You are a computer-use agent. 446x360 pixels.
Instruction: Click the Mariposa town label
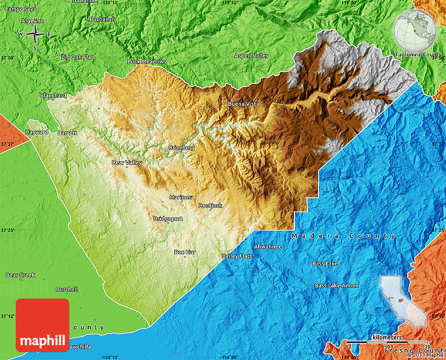(x=182, y=197)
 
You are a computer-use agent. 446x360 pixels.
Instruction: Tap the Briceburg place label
(x=181, y=148)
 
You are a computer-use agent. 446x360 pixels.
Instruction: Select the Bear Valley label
(x=127, y=163)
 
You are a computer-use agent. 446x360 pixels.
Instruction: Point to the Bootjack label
(x=210, y=206)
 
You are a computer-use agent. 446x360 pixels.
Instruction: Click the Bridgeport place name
(x=168, y=219)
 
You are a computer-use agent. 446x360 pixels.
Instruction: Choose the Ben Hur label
(x=185, y=252)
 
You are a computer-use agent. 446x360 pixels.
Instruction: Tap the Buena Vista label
(x=243, y=104)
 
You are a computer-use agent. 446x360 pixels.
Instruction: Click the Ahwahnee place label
(x=268, y=247)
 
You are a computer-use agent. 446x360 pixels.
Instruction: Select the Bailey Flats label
(x=237, y=256)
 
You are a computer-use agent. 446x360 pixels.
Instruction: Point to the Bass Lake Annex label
(x=337, y=285)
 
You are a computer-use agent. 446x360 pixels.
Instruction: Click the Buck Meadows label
(x=147, y=62)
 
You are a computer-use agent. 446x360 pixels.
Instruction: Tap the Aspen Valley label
(x=251, y=56)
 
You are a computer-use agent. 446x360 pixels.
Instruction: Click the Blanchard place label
(x=53, y=96)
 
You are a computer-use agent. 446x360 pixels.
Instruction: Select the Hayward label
(x=37, y=132)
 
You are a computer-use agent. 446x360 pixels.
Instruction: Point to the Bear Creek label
(x=20, y=275)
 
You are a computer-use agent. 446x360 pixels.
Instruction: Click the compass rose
(x=35, y=35)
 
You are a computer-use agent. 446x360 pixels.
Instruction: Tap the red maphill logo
(x=43, y=325)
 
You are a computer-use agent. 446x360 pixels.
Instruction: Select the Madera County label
(x=344, y=236)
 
